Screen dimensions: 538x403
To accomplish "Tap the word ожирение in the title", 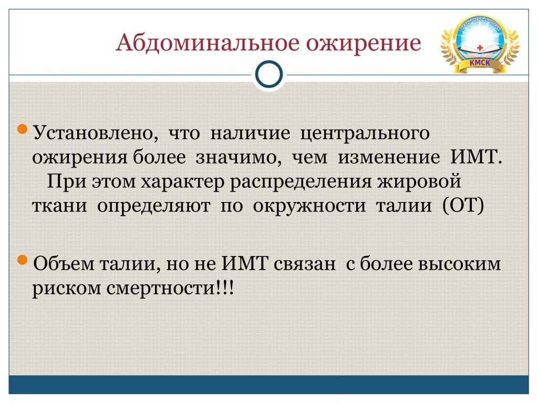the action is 364,45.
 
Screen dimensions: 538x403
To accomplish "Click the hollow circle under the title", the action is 269,75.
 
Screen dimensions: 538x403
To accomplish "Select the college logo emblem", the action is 480,43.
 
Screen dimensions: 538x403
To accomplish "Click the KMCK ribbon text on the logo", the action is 480,63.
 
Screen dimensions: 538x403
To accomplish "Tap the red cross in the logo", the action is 480,48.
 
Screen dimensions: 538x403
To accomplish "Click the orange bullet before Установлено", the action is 22,129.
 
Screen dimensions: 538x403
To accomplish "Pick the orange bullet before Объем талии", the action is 22,260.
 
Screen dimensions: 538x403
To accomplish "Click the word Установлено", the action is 96,133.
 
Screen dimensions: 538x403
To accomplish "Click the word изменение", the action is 389,157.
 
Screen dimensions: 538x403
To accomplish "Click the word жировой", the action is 419,181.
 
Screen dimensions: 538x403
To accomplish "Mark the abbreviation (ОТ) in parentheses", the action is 463,206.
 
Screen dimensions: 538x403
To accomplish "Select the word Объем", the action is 64,263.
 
